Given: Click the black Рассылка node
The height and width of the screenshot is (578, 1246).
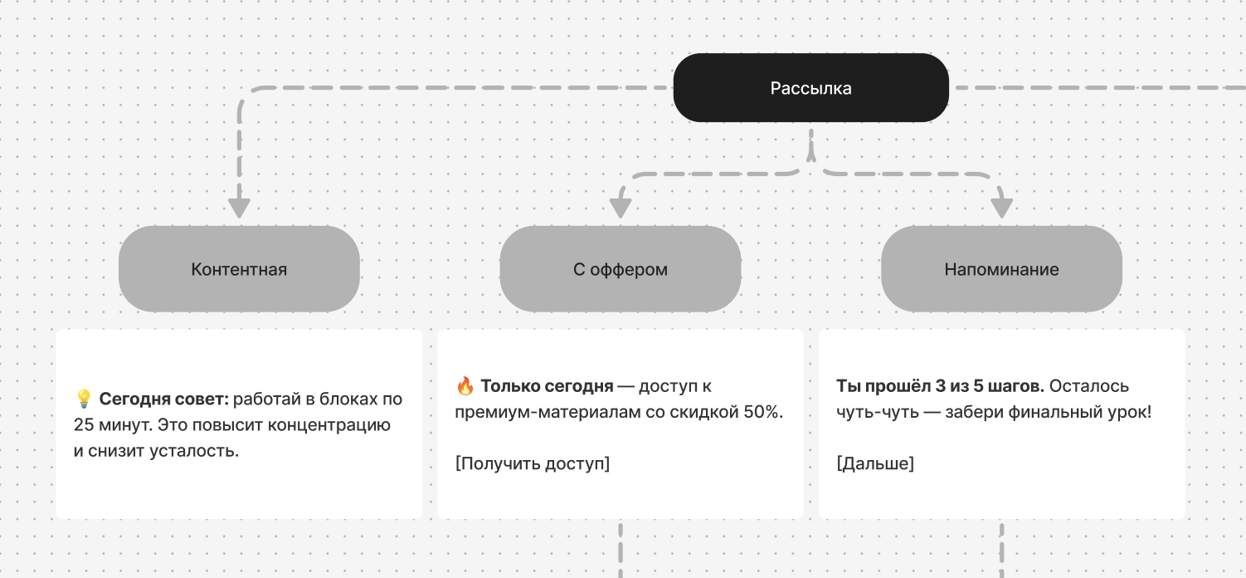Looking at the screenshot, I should [x=810, y=88].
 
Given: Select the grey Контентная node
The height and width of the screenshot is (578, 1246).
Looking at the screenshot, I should [x=239, y=269].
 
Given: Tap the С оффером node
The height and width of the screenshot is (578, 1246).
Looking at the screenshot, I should [x=620, y=269].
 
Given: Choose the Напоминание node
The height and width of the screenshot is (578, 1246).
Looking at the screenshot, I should [x=1001, y=269].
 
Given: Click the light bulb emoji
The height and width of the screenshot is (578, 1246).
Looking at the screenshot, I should [x=83, y=399].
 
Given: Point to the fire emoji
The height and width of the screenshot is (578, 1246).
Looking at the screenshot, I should [x=465, y=386].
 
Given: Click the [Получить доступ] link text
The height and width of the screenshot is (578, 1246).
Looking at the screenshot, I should [x=533, y=463].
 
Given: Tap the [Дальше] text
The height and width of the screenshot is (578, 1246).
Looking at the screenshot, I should [x=875, y=463].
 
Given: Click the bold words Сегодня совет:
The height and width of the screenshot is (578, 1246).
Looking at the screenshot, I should [x=163, y=399].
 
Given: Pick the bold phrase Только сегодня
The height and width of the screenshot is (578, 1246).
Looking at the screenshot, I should [x=547, y=386].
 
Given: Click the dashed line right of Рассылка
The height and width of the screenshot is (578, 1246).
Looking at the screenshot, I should [x=1095, y=88].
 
